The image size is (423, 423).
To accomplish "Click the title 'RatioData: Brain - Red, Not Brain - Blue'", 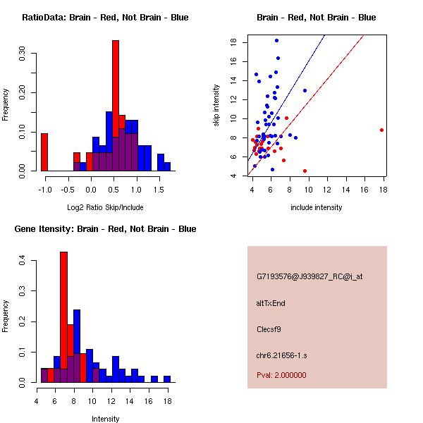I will point(105,18).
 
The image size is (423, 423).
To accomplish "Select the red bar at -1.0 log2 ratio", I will point(44,152).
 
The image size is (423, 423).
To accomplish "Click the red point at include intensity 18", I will point(381,130).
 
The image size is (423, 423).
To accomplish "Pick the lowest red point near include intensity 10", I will point(305,171).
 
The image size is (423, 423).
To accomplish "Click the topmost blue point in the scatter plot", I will point(276,40).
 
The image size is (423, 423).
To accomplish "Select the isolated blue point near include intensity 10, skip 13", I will point(305,90).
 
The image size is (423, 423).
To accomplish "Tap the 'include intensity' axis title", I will point(316,207).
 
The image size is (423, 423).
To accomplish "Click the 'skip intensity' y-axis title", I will point(218,106).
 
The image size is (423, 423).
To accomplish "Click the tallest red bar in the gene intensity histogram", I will point(63,317).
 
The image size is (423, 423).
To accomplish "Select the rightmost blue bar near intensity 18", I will point(167,379).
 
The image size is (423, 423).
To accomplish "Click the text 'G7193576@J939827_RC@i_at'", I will point(309,277).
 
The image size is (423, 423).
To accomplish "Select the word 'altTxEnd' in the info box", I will point(271,303).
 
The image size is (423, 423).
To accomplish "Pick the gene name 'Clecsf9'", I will point(269,329).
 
